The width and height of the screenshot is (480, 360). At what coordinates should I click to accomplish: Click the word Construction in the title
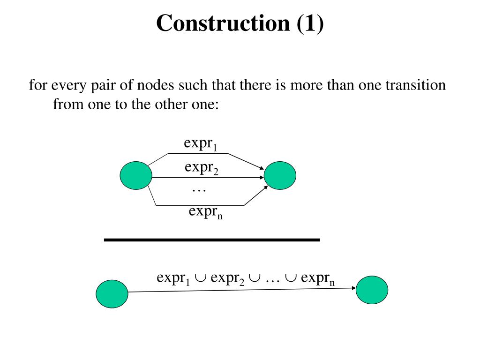tap(223, 23)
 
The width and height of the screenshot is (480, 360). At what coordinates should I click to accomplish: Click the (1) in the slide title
tap(309, 23)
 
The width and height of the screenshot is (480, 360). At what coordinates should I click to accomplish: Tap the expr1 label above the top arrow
tap(200, 144)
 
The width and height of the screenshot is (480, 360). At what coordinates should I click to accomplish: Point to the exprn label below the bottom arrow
tap(205, 212)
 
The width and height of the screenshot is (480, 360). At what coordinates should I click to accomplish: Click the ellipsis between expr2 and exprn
tap(199, 190)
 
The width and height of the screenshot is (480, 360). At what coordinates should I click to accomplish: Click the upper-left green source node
tap(136, 175)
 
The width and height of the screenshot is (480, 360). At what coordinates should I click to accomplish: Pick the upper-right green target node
tap(280, 175)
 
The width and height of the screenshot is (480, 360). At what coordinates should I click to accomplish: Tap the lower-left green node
tap(112, 294)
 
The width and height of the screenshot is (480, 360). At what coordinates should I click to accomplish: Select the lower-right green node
tap(372, 290)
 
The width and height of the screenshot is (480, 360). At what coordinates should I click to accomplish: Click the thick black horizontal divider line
tap(211, 240)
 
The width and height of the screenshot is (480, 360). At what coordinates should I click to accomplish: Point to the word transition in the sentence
tap(416, 86)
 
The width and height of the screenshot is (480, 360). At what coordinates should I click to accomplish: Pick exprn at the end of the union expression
tap(318, 278)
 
